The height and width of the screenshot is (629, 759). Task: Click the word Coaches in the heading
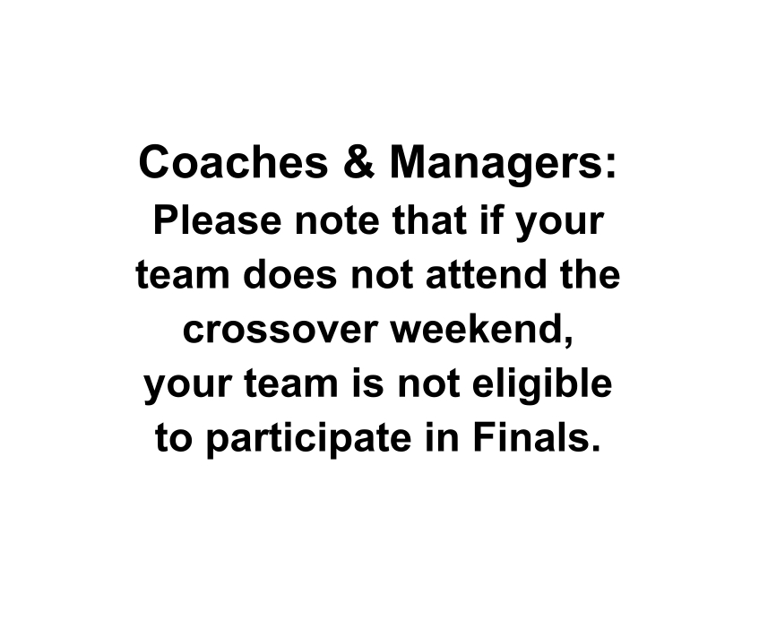point(233,161)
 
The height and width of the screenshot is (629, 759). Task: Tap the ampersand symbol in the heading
point(358,161)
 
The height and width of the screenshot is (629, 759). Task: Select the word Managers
point(493,165)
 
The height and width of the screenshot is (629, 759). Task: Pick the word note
point(337,222)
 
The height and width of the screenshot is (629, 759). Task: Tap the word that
point(430,220)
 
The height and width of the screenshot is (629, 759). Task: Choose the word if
point(490,220)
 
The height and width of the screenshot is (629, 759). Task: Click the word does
point(289,274)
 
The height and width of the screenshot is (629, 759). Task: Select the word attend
point(486,274)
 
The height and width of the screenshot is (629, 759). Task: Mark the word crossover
point(280,331)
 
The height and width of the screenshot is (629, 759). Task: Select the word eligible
point(542,385)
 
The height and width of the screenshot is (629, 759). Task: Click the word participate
point(308,440)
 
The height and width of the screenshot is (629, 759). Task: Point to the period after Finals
point(594,447)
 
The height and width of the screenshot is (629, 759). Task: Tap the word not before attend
point(382,276)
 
